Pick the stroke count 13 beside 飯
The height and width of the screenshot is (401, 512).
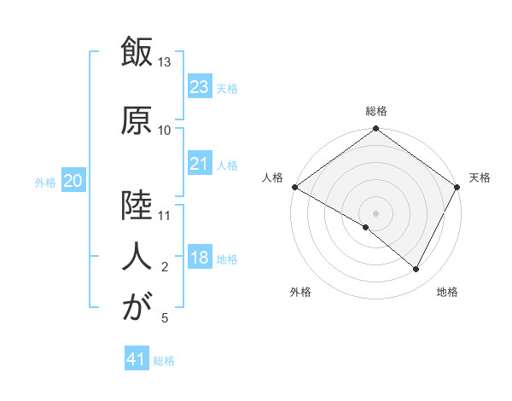165,62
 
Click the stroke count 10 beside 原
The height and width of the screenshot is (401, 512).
165,131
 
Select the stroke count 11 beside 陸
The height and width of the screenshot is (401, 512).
165,216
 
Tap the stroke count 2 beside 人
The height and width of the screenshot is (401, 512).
165,267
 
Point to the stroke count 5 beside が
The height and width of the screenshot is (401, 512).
165,318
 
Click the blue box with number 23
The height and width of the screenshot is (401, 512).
199,87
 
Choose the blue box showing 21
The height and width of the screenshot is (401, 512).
199,164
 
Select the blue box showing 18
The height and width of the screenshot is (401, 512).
199,258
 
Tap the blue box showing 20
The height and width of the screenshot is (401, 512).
73,181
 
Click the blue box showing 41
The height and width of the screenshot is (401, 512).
137,359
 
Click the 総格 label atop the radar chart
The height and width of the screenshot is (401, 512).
375,111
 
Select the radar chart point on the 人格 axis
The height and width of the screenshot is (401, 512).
294,187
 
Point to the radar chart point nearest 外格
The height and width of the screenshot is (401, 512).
366,227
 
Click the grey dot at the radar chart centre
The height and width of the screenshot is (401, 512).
375,212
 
